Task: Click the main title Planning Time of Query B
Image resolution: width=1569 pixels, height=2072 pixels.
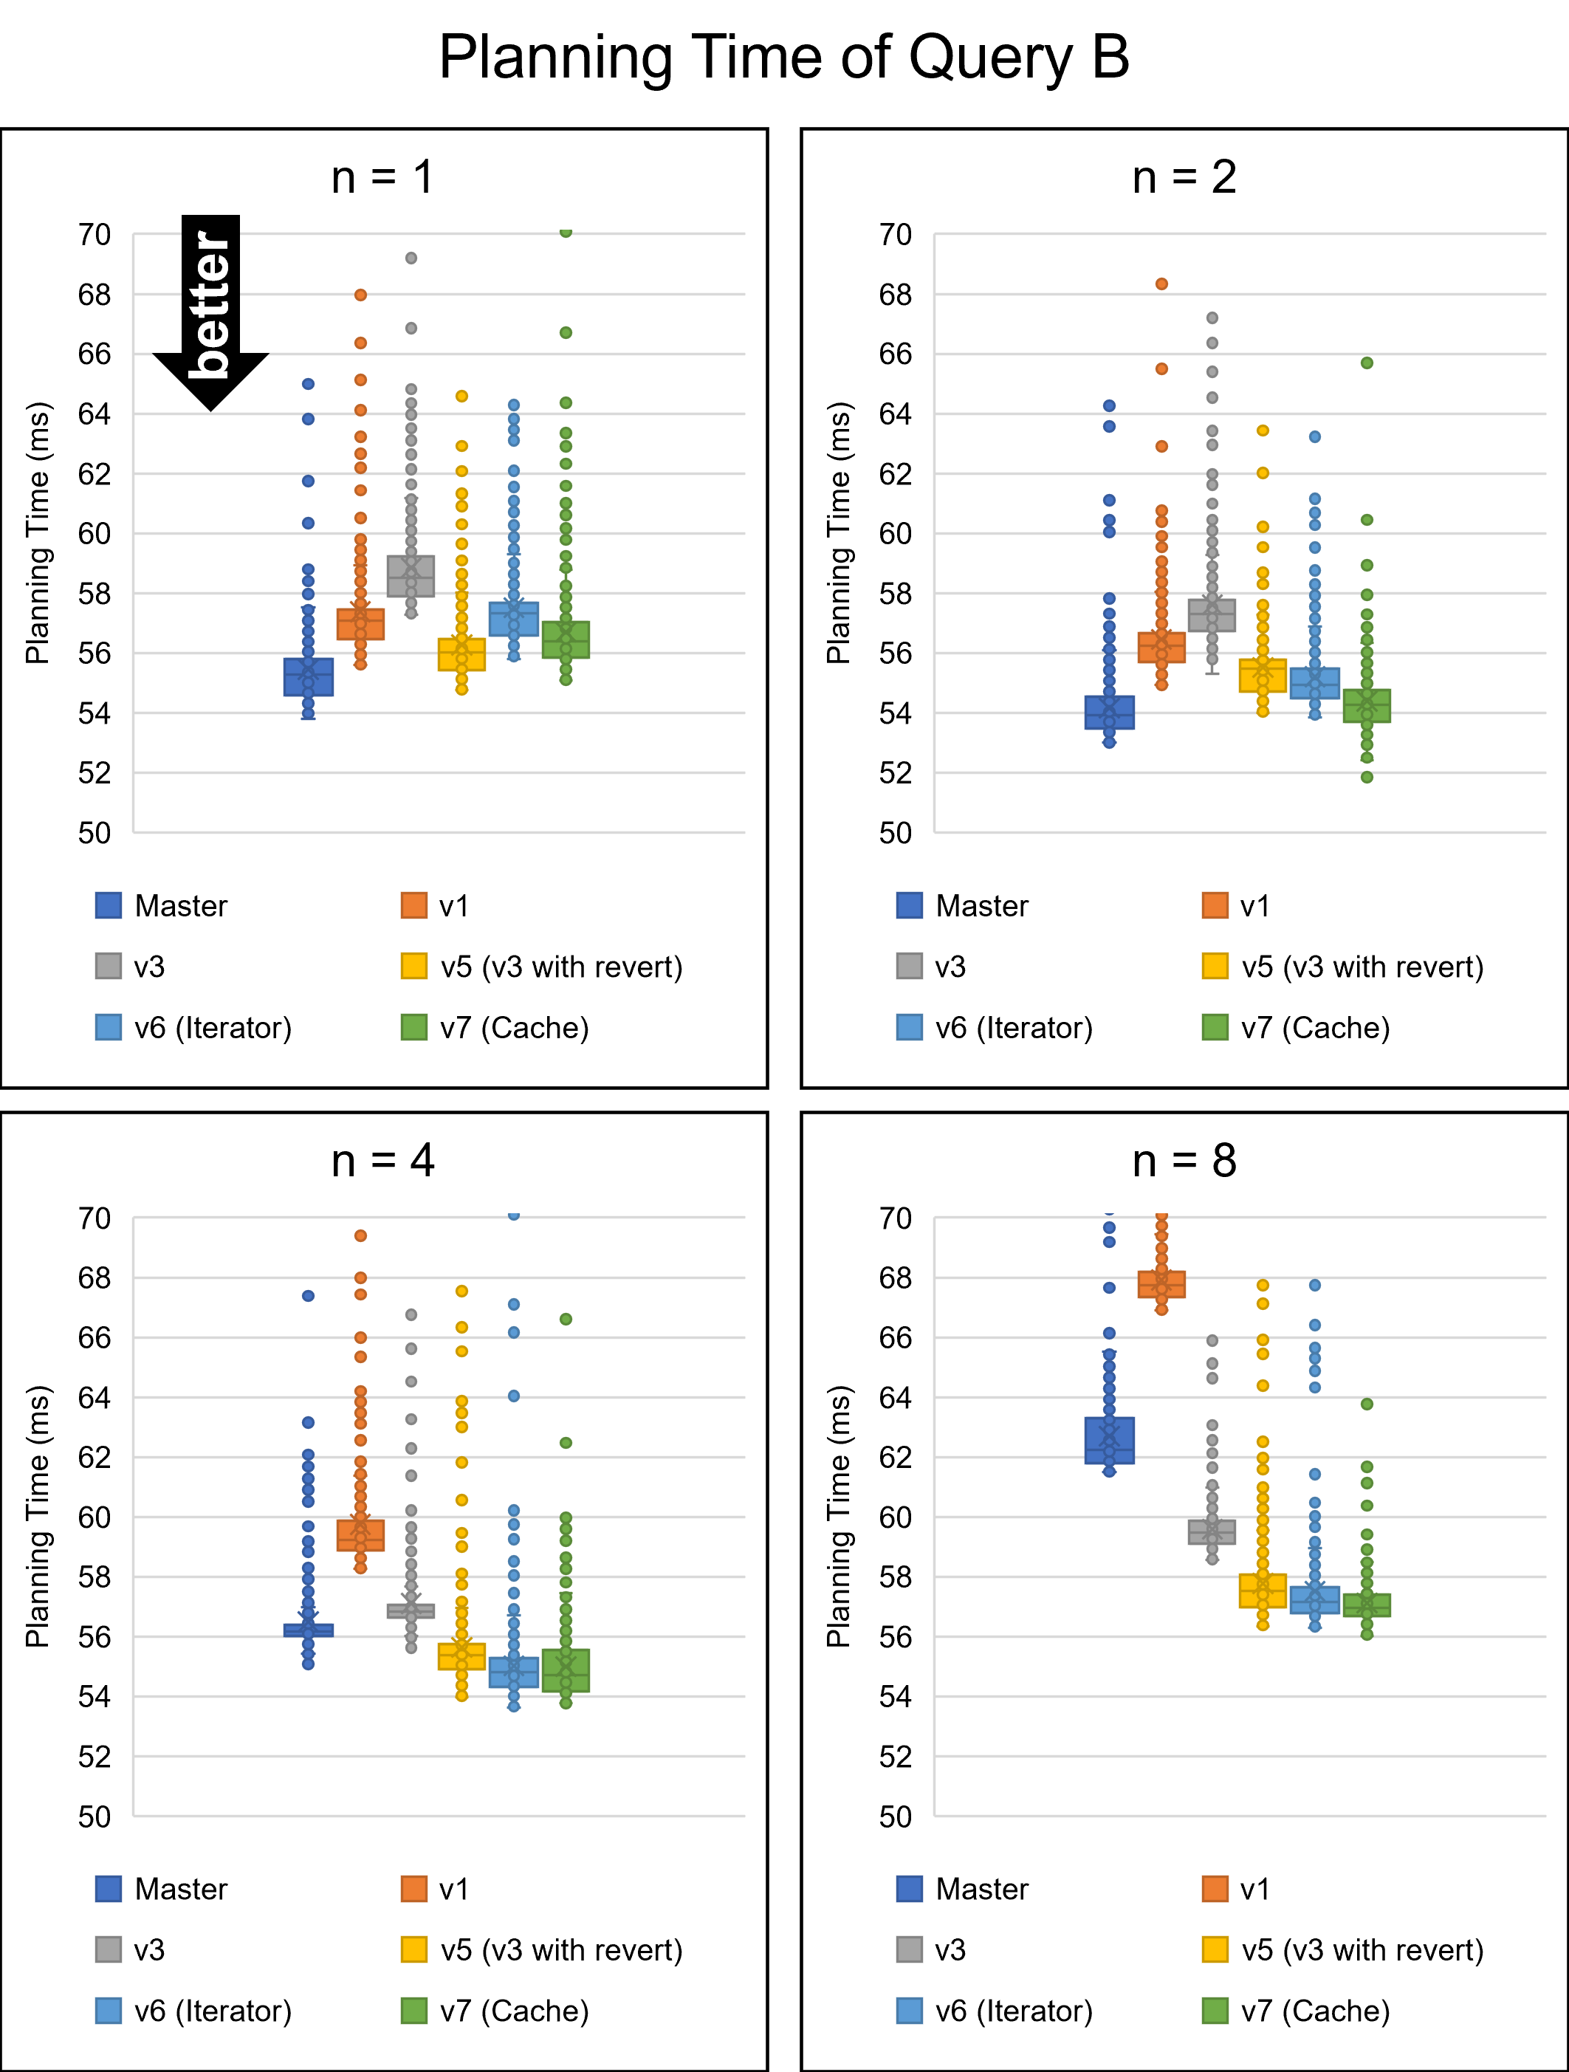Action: click(x=784, y=58)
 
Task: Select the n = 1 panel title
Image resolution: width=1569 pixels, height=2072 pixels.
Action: click(x=382, y=177)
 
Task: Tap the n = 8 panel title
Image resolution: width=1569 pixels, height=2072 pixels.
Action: click(x=1184, y=1161)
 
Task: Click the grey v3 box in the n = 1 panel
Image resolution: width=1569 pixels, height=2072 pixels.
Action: click(x=411, y=576)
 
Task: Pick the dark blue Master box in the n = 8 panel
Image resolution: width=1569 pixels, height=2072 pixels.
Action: click(x=1109, y=1440)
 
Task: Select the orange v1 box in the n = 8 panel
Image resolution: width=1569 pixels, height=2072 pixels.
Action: click(x=1161, y=1284)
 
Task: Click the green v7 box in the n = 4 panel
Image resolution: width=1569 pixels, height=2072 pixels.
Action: click(x=566, y=1670)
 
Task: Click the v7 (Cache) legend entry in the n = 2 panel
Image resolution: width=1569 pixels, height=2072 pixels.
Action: click(x=1297, y=1028)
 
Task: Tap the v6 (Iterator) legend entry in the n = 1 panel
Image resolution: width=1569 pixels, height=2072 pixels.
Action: click(x=195, y=1028)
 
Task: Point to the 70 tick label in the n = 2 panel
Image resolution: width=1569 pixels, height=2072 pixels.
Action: click(x=896, y=234)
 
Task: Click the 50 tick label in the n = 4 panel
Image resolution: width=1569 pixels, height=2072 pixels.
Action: click(x=95, y=1817)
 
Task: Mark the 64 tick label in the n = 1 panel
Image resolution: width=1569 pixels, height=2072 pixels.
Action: click(x=95, y=414)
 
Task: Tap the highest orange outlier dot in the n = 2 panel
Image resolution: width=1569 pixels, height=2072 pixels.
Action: click(x=1161, y=284)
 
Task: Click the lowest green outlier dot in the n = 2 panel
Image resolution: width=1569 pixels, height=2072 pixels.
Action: click(x=1367, y=777)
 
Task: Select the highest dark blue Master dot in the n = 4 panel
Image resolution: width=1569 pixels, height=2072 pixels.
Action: click(x=308, y=1295)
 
